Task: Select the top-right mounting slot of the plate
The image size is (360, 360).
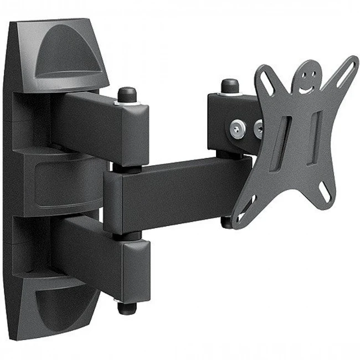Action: pyautogui.click(x=346, y=71)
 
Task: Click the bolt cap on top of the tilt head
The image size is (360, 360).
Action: pyautogui.click(x=230, y=86)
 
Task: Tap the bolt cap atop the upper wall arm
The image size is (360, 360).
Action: pyautogui.click(x=126, y=93)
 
